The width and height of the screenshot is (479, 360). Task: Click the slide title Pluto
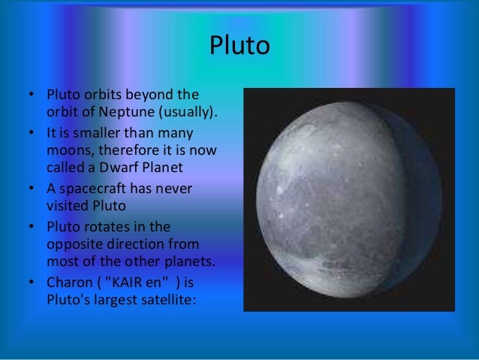point(239,47)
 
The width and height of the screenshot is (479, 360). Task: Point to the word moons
point(66,150)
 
